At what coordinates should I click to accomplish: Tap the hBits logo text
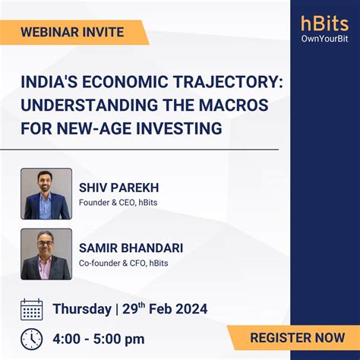(324, 24)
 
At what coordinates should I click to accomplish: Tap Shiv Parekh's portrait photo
(46, 194)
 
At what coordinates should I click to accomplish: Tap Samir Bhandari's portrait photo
(46, 254)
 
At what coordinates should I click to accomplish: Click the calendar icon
(32, 308)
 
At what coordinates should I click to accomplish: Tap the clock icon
(32, 338)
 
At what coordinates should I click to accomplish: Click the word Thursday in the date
(82, 309)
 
